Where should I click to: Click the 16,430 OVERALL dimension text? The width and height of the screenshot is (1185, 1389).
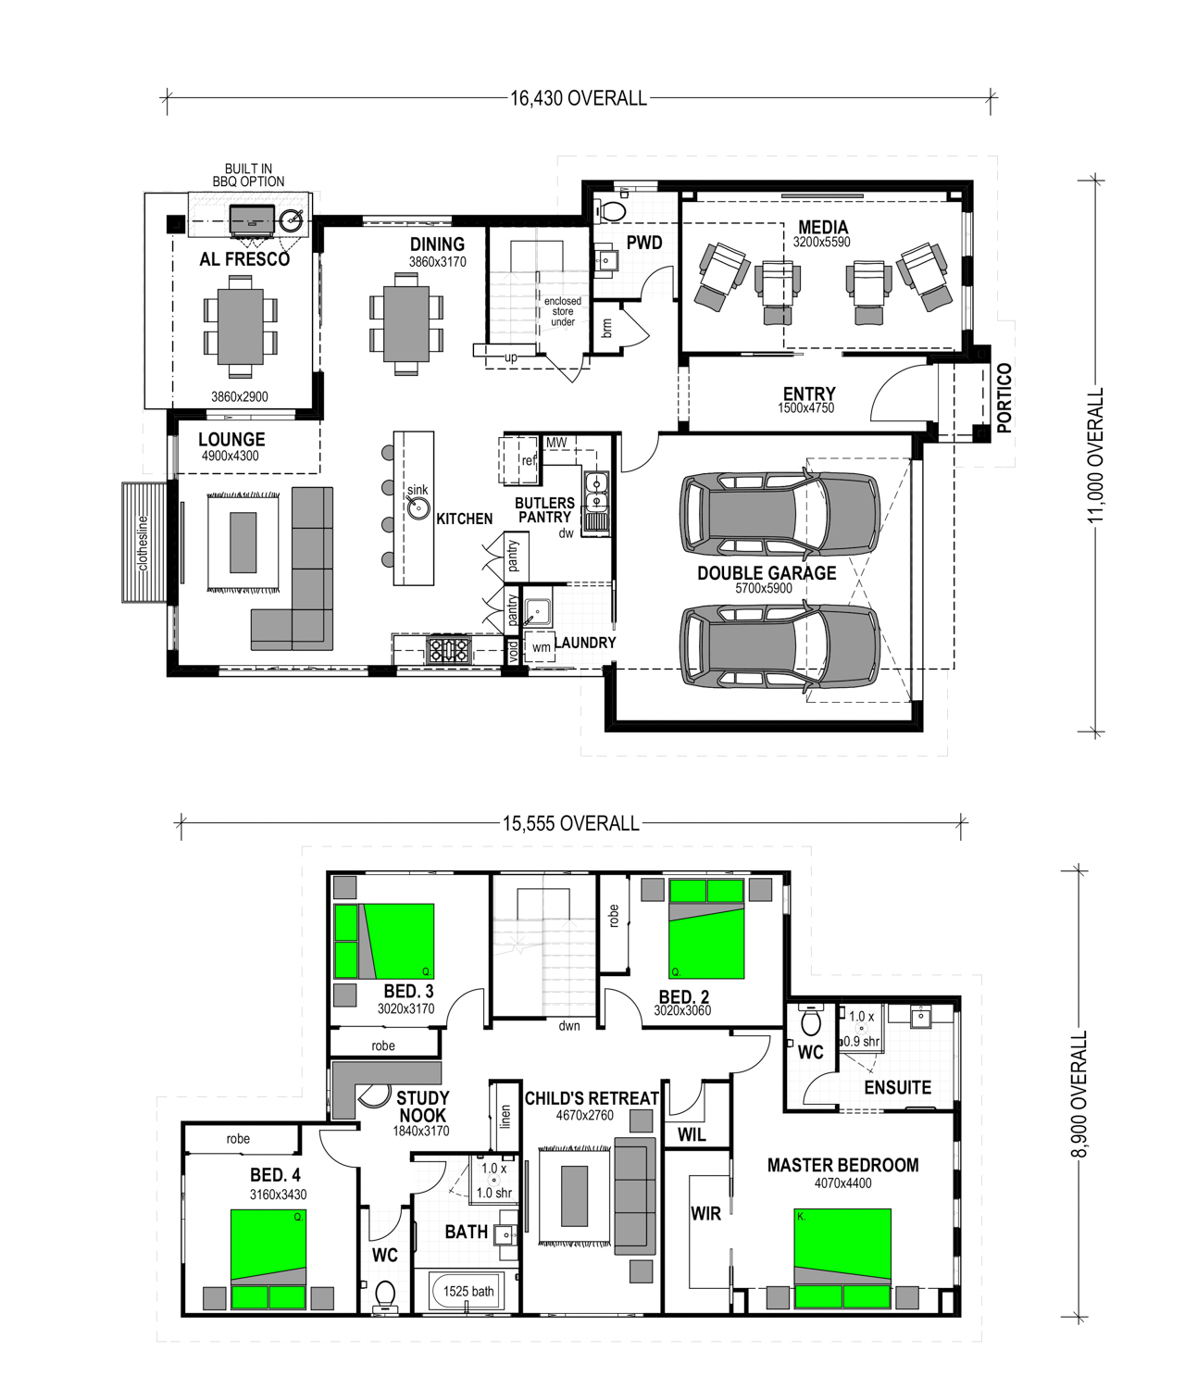click(x=579, y=99)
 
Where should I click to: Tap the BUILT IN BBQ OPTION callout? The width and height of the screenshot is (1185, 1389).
click(x=248, y=175)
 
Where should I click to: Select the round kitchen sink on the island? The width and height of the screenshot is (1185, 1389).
click(x=419, y=508)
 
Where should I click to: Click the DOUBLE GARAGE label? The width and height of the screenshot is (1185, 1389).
click(x=767, y=573)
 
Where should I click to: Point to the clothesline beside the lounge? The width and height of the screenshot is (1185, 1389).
click(x=144, y=543)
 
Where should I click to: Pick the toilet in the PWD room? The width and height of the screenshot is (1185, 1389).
click(x=610, y=210)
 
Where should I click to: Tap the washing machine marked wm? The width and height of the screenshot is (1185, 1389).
click(x=541, y=647)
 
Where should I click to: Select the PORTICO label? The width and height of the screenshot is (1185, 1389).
click(x=1004, y=398)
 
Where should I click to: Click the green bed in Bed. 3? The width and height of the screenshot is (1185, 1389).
click(x=383, y=941)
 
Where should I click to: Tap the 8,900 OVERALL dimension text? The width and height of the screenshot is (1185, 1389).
click(x=1079, y=1104)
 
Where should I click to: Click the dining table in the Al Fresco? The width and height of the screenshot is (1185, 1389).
click(x=241, y=326)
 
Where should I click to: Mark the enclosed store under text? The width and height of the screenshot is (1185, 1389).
click(x=563, y=312)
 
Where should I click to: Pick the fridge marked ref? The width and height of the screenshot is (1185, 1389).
click(x=520, y=460)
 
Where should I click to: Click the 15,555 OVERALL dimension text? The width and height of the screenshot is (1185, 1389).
click(x=571, y=823)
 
